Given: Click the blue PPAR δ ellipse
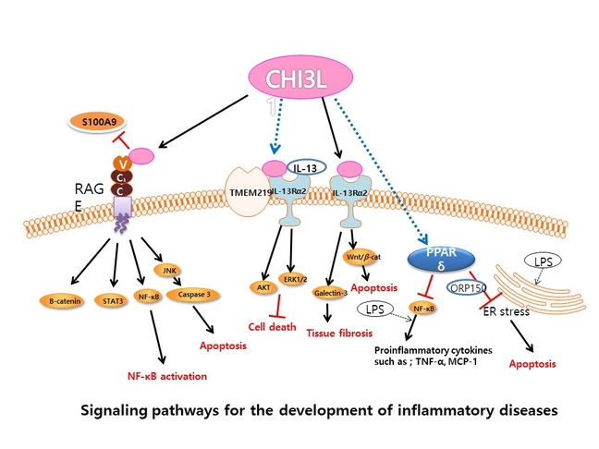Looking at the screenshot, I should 443,260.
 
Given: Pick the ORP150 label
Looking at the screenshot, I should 464,286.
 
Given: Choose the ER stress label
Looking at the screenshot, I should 507,311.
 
